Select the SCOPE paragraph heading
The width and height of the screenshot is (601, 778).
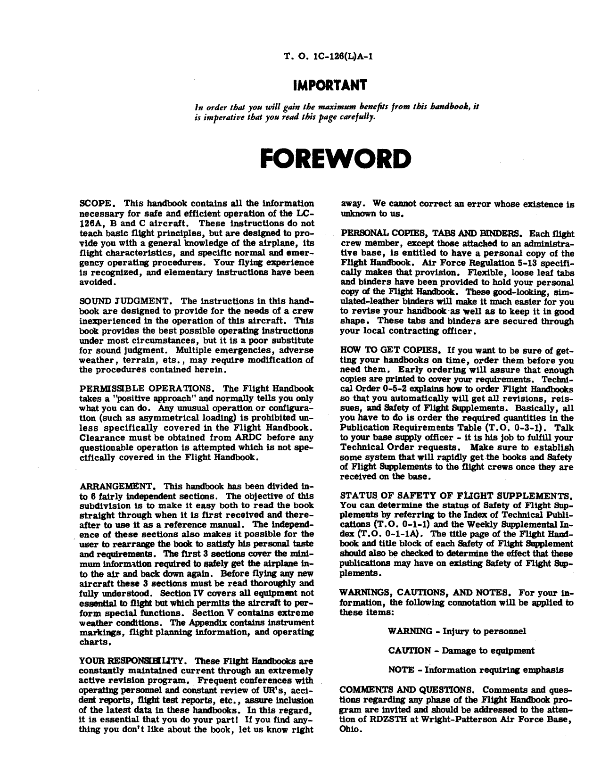click(96, 204)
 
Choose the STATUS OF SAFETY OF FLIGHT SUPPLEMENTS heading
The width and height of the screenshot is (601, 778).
click(456, 496)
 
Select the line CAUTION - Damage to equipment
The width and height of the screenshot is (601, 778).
click(461, 651)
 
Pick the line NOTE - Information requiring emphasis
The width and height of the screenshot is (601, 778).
click(476, 670)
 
